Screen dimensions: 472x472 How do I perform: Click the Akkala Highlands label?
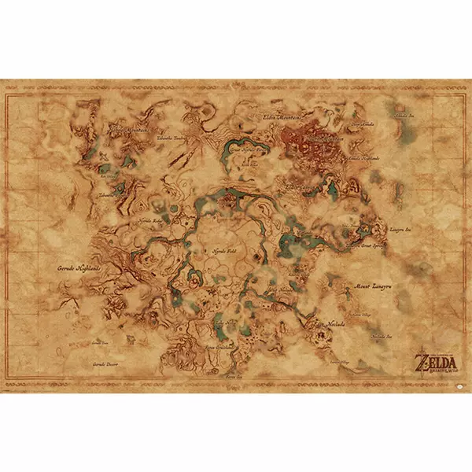[363, 157]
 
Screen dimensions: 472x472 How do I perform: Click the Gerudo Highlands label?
[79, 268]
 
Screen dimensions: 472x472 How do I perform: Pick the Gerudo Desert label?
[109, 364]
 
